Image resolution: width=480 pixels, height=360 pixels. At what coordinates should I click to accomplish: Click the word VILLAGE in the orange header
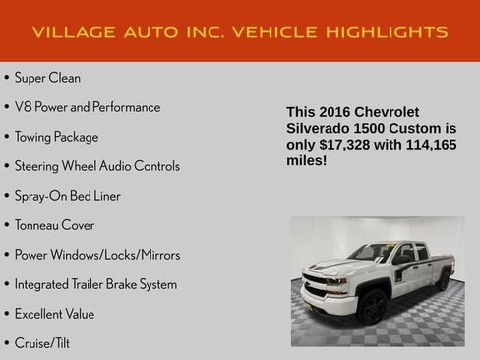point(71,32)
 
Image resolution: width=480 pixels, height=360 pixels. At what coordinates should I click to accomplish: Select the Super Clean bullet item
point(47,78)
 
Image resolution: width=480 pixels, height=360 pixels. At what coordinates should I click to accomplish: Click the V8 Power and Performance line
point(87,107)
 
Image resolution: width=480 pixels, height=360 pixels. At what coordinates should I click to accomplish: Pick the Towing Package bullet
point(56,137)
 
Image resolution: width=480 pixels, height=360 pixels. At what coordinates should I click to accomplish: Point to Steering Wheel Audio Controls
point(96,166)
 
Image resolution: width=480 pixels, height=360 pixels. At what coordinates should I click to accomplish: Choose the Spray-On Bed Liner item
point(67,196)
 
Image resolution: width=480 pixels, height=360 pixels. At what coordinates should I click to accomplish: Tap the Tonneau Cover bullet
point(54,225)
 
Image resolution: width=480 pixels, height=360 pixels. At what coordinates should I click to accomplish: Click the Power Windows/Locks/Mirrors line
point(96,255)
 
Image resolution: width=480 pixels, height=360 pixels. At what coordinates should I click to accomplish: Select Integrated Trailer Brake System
point(95,284)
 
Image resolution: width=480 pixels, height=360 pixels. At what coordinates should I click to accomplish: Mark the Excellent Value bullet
point(54,314)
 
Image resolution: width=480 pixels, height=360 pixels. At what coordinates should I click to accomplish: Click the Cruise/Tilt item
point(41,343)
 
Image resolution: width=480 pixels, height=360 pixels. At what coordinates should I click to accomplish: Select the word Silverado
point(321,129)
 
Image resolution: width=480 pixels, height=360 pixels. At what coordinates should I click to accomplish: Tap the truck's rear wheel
point(444,282)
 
